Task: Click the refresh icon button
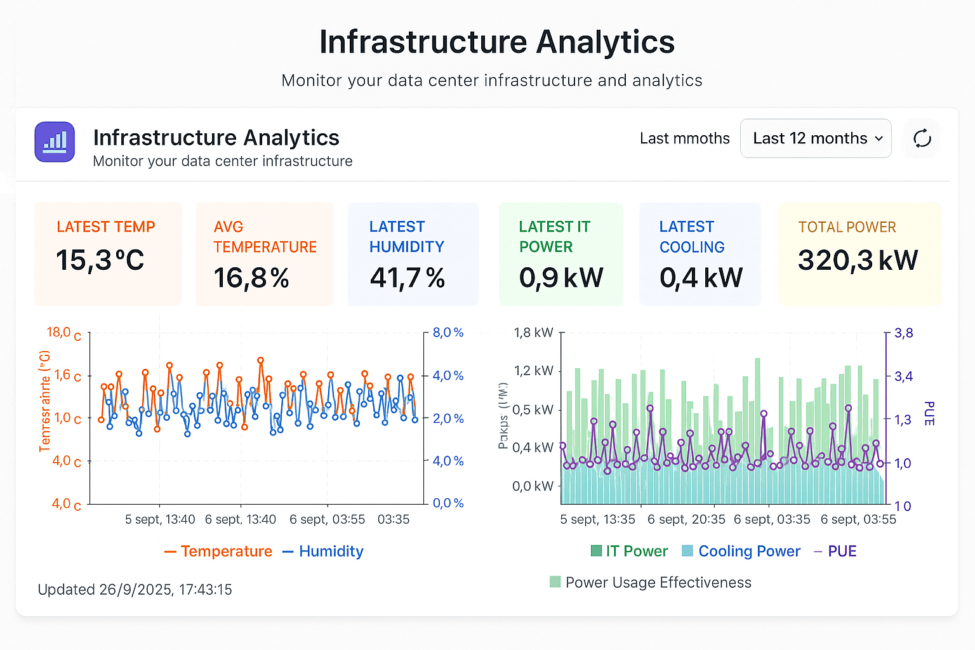click(x=922, y=138)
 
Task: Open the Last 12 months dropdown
click(x=816, y=138)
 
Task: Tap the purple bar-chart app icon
click(x=55, y=142)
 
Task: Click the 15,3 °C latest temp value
click(x=100, y=260)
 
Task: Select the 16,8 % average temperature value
click(x=251, y=278)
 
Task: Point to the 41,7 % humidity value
click(x=407, y=278)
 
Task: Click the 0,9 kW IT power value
click(x=561, y=277)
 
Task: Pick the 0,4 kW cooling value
click(x=701, y=277)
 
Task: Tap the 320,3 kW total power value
click(x=858, y=260)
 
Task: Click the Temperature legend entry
click(x=218, y=551)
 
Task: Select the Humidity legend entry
click(x=323, y=551)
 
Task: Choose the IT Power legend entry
click(x=629, y=551)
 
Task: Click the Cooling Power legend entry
click(x=741, y=551)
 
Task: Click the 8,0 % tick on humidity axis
click(x=448, y=333)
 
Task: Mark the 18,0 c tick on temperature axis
click(x=63, y=333)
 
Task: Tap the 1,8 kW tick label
click(x=533, y=333)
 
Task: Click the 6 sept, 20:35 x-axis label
click(x=686, y=519)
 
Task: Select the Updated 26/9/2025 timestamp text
click(x=135, y=590)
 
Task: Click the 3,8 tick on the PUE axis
click(x=903, y=333)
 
